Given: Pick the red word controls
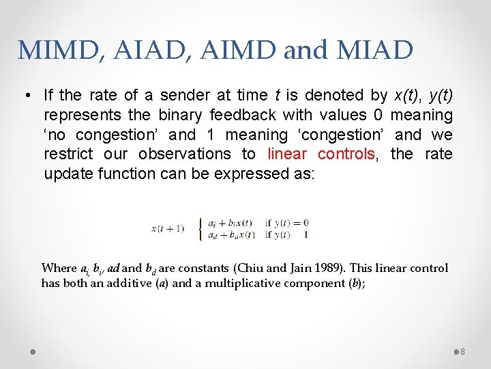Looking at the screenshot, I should [x=346, y=154].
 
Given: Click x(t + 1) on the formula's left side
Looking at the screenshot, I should [x=168, y=228].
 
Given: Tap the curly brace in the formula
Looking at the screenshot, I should [x=199, y=228].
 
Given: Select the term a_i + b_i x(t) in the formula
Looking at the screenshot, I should [x=230, y=223].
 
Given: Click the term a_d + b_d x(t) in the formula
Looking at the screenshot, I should [x=230, y=234].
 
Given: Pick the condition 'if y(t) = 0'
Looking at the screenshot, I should [x=287, y=223].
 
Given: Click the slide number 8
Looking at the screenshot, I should [x=462, y=351].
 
